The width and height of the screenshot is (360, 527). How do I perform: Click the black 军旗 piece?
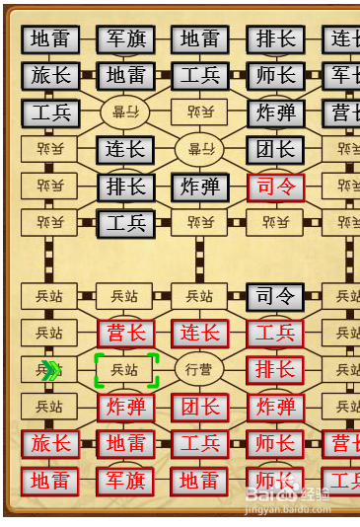pos(125,39)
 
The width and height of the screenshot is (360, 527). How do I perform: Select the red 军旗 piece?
pos(125,481)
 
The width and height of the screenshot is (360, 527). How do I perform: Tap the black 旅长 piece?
pos(50,76)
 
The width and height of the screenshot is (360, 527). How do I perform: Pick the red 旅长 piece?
pos(50,444)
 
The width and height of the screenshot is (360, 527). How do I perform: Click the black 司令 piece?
pos(275,296)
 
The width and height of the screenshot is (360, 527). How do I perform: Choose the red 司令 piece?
pos(275,187)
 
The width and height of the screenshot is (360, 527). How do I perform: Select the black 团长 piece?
pos(275,150)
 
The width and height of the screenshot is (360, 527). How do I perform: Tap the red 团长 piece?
pos(200,407)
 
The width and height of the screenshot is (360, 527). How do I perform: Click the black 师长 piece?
pos(275,76)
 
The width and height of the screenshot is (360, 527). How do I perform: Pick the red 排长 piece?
pos(275,370)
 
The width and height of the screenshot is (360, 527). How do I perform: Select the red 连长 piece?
pos(200,334)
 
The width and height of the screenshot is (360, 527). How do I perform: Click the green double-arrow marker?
pos(52,370)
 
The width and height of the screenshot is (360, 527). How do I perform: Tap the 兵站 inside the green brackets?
pos(125,370)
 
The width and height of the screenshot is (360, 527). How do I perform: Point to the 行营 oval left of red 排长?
pos(200,370)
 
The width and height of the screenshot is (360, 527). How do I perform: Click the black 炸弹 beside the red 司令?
pos(200,187)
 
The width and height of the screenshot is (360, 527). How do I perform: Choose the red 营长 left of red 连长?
pos(125,334)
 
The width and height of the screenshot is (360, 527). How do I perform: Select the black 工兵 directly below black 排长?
pos(125,223)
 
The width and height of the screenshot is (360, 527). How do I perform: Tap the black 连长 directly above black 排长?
pos(125,150)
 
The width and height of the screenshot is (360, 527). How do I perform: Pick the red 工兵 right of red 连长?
pos(275,334)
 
